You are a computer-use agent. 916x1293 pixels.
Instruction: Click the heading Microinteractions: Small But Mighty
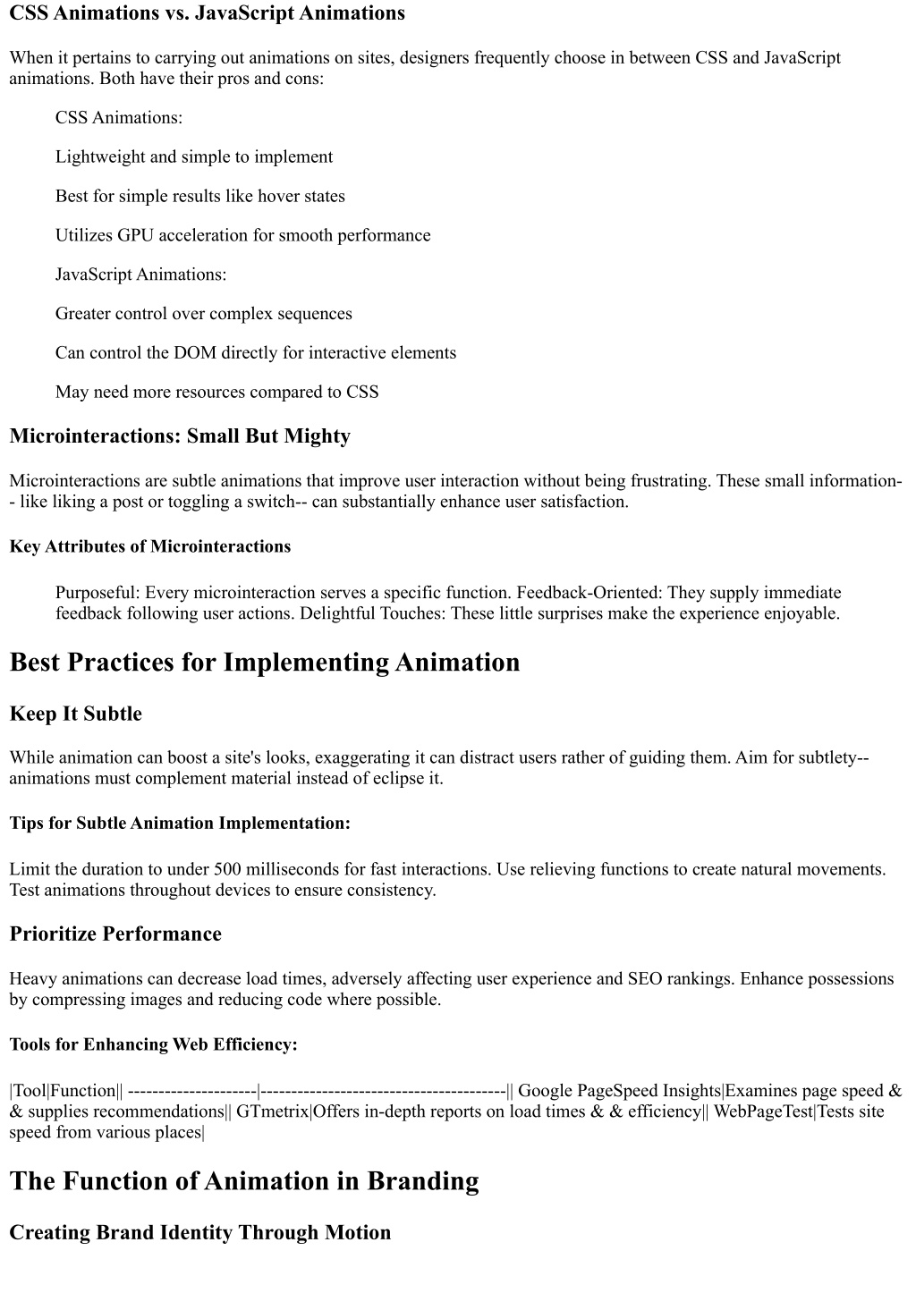[x=180, y=436]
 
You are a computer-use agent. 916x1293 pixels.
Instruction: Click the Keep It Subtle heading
[x=76, y=714]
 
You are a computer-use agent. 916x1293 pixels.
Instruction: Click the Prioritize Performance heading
[x=115, y=934]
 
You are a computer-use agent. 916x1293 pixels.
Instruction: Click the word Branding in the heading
[x=421, y=1181]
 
